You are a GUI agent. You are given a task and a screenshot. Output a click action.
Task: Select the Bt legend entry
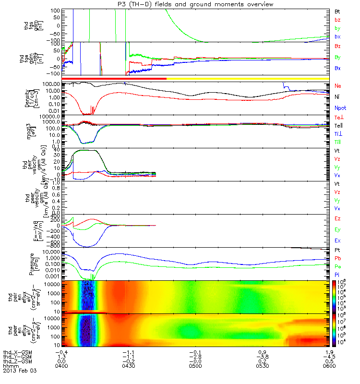coord(338,10)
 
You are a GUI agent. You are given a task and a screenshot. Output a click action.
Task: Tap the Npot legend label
coord(340,109)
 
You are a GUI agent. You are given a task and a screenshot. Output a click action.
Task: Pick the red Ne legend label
coord(338,86)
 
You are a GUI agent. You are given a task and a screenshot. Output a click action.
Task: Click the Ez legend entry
coord(338,219)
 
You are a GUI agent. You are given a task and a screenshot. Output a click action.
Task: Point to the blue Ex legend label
coord(338,242)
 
